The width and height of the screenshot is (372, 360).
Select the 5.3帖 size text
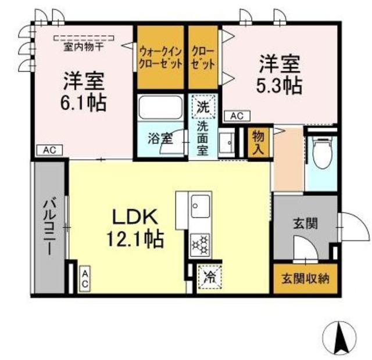(279, 85)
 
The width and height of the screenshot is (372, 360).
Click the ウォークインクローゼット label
(160, 56)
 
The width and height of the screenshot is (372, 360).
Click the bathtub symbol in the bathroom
(160, 109)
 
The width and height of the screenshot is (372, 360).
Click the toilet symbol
(321, 154)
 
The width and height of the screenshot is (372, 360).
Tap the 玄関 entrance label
(305, 222)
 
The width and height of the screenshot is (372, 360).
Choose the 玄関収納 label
(306, 278)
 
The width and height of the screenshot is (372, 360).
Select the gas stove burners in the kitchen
(201, 244)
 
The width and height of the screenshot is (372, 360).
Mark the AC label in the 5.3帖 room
(236, 116)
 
